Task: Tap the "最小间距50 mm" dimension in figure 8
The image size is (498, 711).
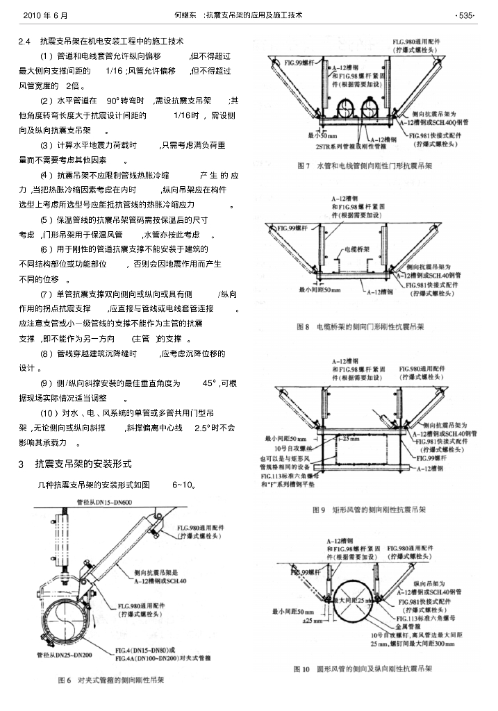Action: coord(319,289)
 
